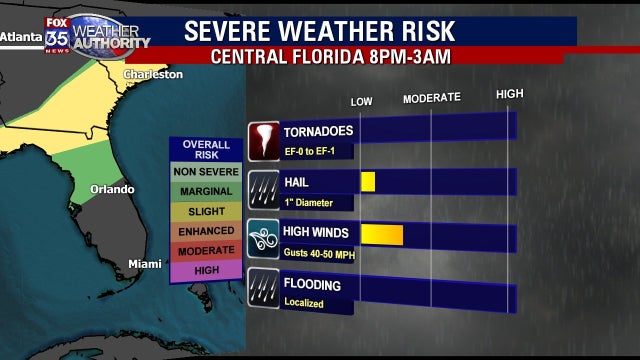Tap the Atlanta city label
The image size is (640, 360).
tap(21, 36)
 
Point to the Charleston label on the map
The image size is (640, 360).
tap(153, 75)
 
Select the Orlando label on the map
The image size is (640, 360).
tap(112, 189)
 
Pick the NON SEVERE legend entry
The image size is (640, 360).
tap(205, 172)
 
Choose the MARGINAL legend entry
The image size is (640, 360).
tap(205, 191)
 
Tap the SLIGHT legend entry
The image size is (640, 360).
tap(205, 211)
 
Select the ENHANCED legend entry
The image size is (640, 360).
tap(205, 231)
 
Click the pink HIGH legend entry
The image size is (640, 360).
tap(205, 269)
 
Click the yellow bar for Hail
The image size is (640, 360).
tap(368, 182)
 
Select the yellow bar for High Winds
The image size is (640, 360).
tap(381, 235)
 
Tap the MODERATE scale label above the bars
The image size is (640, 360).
tap(431, 97)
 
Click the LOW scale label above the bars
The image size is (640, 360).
tap(361, 101)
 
